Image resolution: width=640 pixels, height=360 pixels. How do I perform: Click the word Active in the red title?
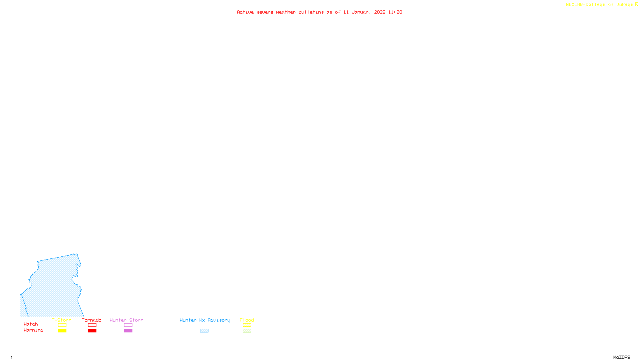(x=245, y=12)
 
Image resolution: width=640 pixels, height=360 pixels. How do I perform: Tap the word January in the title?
(x=361, y=12)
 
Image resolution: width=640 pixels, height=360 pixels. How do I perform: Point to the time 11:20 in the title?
(x=395, y=12)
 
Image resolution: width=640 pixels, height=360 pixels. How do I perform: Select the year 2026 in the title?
(x=380, y=12)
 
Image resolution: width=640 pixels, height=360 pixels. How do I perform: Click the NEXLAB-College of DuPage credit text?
(x=599, y=5)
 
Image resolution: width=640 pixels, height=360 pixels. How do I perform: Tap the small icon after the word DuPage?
(x=636, y=4)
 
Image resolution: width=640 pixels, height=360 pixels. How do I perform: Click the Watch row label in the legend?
(x=31, y=324)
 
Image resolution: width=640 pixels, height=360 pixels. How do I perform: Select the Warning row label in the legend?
(x=33, y=330)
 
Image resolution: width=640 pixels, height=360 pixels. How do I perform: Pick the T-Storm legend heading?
(x=62, y=320)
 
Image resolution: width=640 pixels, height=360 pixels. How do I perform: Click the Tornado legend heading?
(x=92, y=320)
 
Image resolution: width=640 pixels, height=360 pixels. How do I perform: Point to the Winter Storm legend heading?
(x=126, y=320)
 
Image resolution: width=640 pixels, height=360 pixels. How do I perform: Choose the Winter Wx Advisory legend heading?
(x=205, y=320)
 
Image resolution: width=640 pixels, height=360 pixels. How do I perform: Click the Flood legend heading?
(x=247, y=320)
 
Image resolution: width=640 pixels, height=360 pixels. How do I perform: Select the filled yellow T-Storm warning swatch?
(x=62, y=331)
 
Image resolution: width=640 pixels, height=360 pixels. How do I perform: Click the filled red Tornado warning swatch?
(x=92, y=331)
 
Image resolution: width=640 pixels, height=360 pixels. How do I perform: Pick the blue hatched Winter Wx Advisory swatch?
(x=204, y=331)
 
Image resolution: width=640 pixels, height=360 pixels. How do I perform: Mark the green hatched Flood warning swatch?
(x=247, y=331)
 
